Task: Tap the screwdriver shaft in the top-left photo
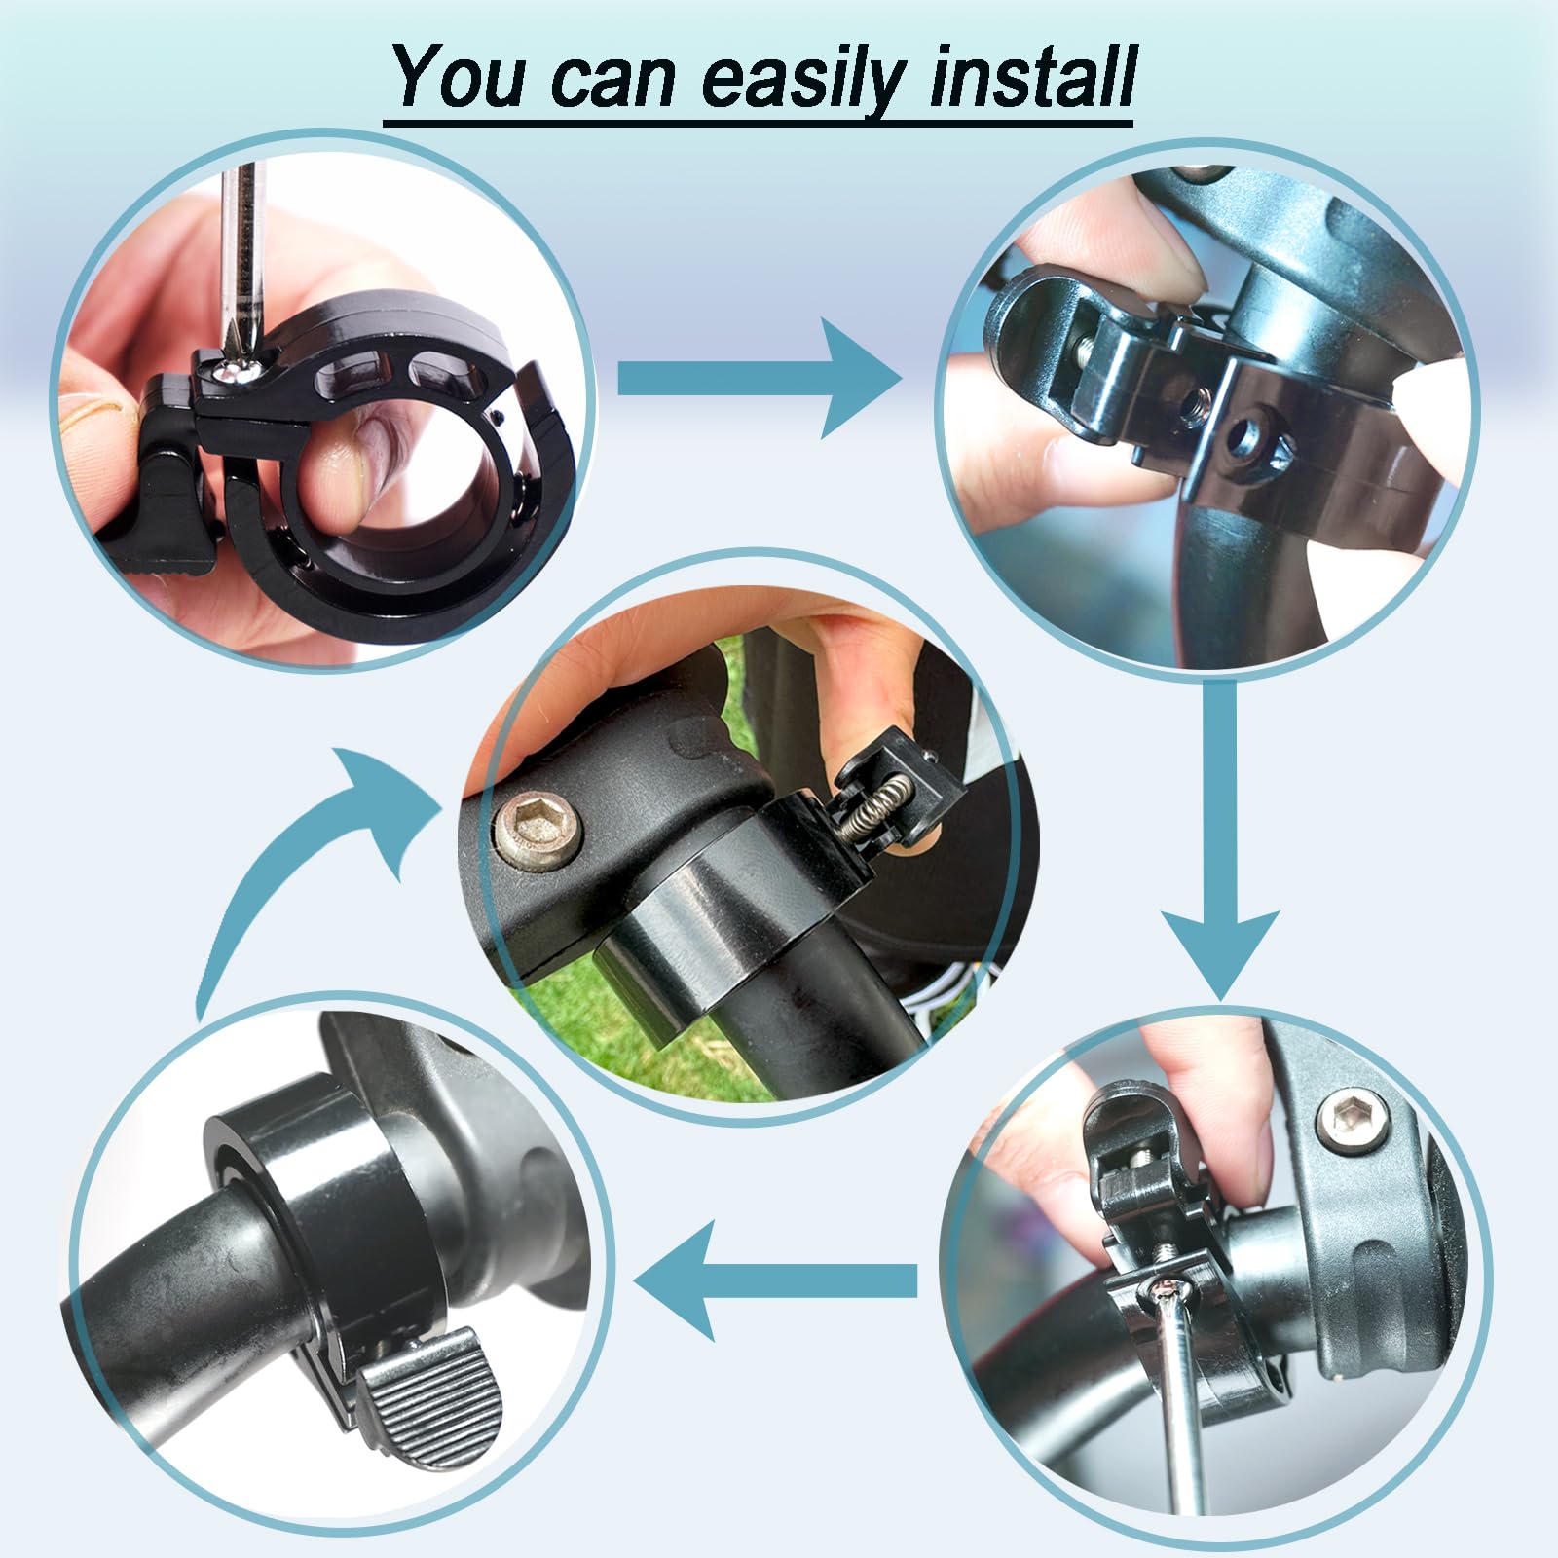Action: pos(240,253)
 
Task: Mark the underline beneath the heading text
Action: pos(759,124)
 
